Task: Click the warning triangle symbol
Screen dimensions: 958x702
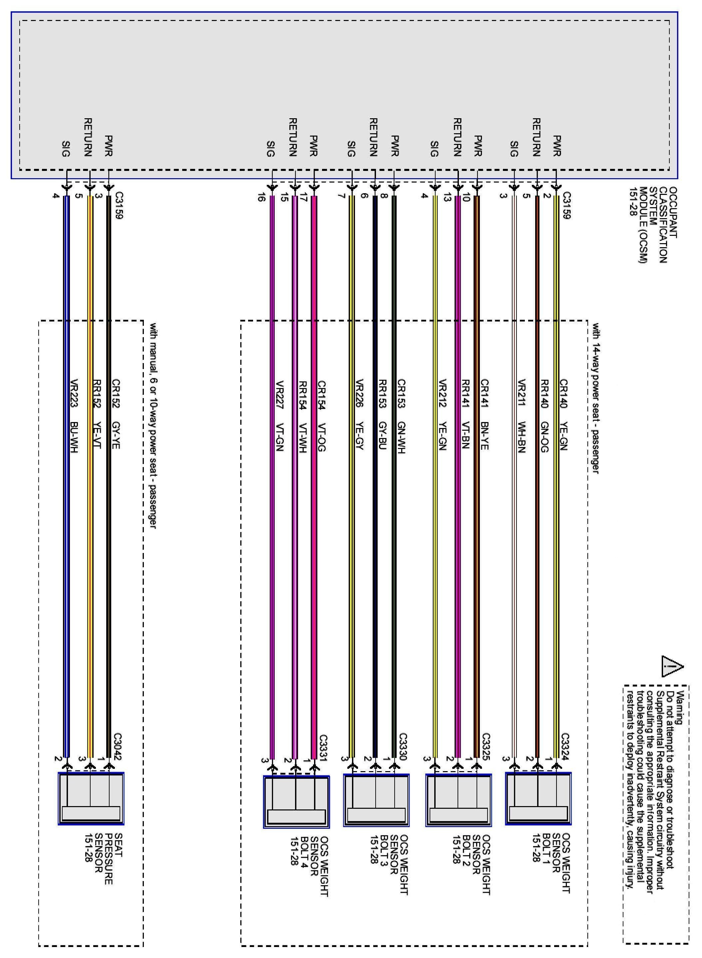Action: pyautogui.click(x=672, y=667)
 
